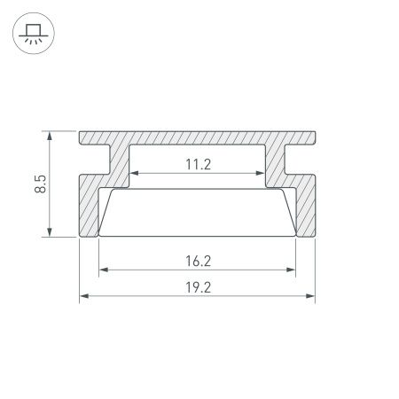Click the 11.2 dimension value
199,163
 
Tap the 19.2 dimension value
199,287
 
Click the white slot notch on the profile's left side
93,160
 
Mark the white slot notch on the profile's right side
304,160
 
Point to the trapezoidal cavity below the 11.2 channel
199,213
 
